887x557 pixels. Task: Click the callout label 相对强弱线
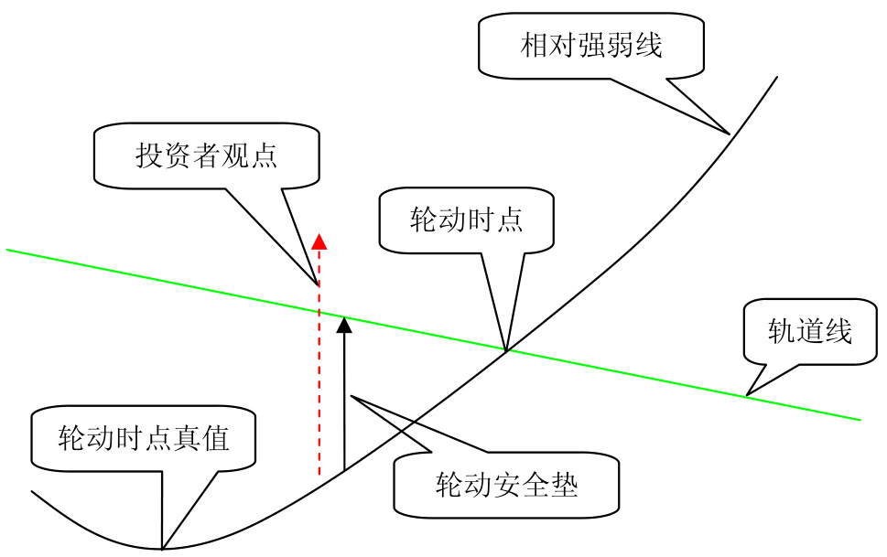pos(590,45)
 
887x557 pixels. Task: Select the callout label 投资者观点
pos(206,155)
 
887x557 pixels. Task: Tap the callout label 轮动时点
pos(466,220)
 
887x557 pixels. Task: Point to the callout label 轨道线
pos(809,331)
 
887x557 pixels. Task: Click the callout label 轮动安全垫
pos(506,484)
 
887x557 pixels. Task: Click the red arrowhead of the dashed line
pos(319,241)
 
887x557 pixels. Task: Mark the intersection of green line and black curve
pos(506,349)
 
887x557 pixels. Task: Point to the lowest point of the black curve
pos(163,549)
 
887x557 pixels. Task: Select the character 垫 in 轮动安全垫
pos(564,484)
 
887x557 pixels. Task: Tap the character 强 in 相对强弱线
pos(590,45)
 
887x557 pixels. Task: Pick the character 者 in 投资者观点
pos(206,155)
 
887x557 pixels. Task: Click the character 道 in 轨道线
pos(809,331)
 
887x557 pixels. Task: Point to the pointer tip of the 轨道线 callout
pos(747,395)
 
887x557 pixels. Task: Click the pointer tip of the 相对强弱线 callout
pos(730,134)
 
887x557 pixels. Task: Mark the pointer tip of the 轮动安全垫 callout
pos(352,397)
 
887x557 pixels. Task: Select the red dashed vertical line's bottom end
pos(319,476)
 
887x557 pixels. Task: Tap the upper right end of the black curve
pos(777,77)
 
